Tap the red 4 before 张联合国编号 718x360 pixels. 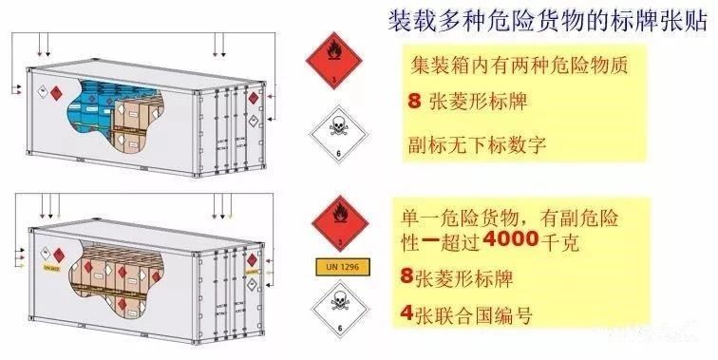click(407, 312)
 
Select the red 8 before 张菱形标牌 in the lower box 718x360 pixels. click(407, 277)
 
